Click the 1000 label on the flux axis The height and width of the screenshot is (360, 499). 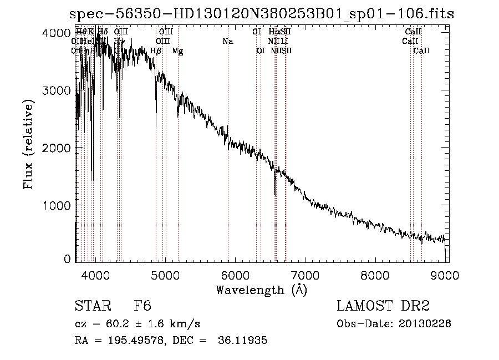pyautogui.click(x=55, y=205)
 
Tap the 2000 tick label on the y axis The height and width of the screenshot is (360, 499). pyautogui.click(x=55, y=148)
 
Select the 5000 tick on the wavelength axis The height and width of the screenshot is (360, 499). pyautogui.click(x=165, y=275)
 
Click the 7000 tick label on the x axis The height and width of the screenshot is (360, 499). pyautogui.click(x=305, y=275)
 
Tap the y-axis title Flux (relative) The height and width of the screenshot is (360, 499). pyautogui.click(x=28, y=144)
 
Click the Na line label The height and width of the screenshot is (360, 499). pyautogui.click(x=228, y=41)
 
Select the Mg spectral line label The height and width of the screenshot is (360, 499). pyautogui.click(x=177, y=51)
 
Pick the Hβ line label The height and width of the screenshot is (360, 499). pyautogui.click(x=156, y=51)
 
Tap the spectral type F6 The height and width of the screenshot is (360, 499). pyautogui.click(x=143, y=306)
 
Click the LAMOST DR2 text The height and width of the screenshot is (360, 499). pyautogui.click(x=383, y=306)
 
